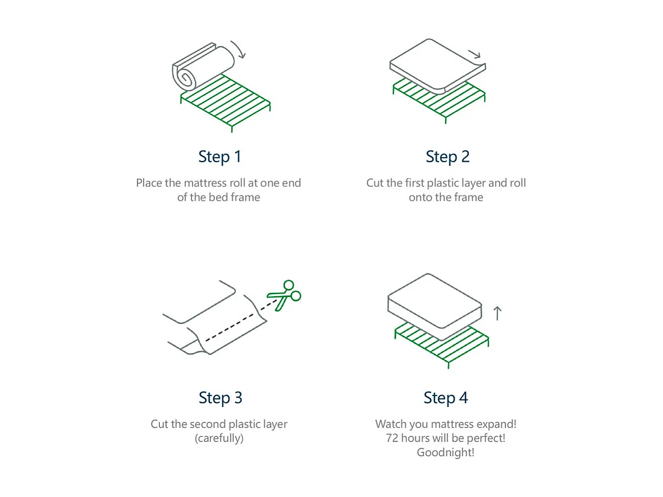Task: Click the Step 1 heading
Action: click(x=220, y=156)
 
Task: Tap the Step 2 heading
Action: click(x=447, y=156)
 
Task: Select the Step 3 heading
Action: click(x=220, y=397)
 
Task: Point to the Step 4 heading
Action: click(x=445, y=397)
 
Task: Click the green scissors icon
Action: click(x=285, y=295)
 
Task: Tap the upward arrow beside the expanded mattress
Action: click(x=497, y=313)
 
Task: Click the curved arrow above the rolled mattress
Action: click(x=238, y=49)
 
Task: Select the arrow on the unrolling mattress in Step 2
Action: click(x=474, y=54)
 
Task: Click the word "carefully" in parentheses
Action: click(x=219, y=439)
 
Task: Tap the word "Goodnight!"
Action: click(x=445, y=452)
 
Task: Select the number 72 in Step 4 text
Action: click(x=393, y=439)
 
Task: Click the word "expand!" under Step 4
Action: click(x=496, y=425)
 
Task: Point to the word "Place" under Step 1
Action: click(x=148, y=183)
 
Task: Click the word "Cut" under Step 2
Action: click(x=375, y=183)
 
